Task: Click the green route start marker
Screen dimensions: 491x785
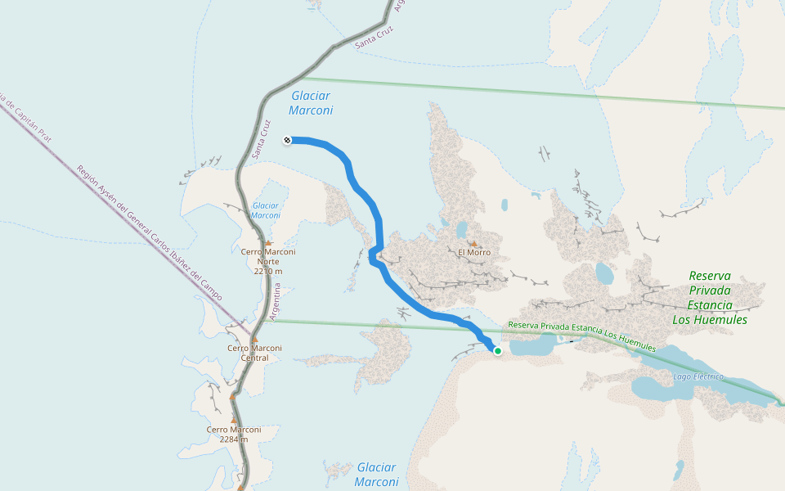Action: (497, 351)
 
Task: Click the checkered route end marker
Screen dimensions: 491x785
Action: (287, 140)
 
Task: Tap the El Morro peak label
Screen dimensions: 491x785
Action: (474, 252)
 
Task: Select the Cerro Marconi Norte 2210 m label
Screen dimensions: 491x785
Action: (268, 261)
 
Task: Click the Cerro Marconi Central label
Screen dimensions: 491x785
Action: (254, 353)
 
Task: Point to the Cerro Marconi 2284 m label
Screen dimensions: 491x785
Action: (234, 434)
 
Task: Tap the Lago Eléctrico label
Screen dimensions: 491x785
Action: (698, 376)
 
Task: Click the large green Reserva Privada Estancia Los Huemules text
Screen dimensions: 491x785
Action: (710, 298)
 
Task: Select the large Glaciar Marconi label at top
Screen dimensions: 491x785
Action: (312, 103)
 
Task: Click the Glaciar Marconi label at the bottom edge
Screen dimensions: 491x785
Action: (377, 475)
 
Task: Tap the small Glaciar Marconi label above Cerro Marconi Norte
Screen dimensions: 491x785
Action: (266, 210)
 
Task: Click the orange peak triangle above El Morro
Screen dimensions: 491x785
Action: (473, 243)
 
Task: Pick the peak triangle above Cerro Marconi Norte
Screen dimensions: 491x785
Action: (267, 243)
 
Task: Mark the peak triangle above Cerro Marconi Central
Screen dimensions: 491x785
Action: (254, 339)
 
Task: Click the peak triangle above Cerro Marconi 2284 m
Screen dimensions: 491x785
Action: (233, 420)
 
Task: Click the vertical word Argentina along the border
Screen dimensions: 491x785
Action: (278, 301)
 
